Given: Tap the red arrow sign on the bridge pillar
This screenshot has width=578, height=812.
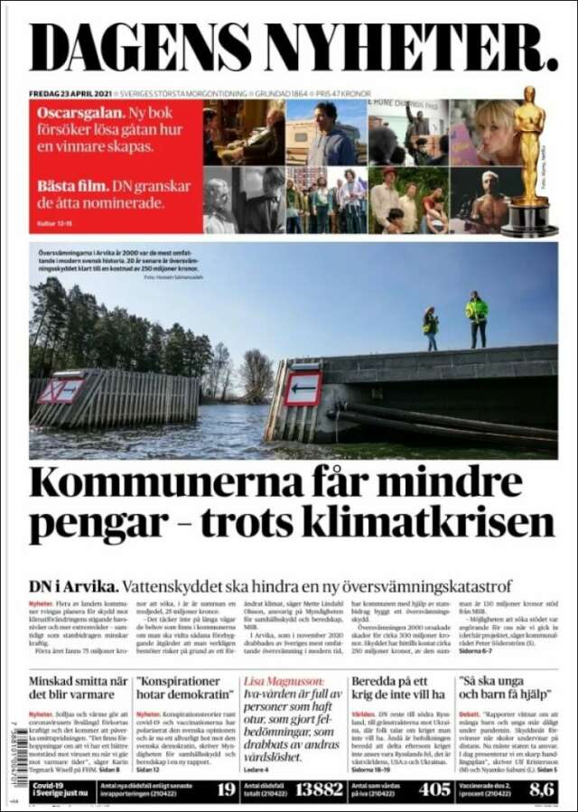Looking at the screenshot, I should (303, 388).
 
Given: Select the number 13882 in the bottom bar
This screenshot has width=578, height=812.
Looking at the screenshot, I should (319, 789).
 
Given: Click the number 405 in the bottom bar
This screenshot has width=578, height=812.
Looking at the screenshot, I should (434, 789).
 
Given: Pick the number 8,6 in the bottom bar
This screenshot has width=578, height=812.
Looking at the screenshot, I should (541, 789).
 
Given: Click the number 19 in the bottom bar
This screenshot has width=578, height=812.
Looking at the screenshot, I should (226, 789).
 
